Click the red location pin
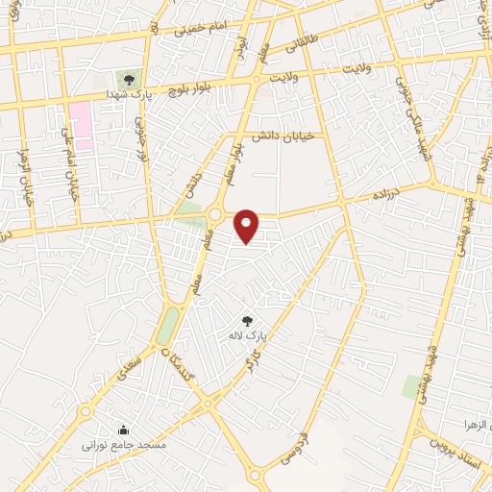(x=248, y=226)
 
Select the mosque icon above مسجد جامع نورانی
(x=122, y=430)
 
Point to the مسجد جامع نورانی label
(x=124, y=446)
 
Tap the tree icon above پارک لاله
(x=247, y=321)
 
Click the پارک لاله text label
(x=246, y=336)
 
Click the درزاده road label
(x=391, y=193)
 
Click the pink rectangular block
(x=82, y=124)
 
